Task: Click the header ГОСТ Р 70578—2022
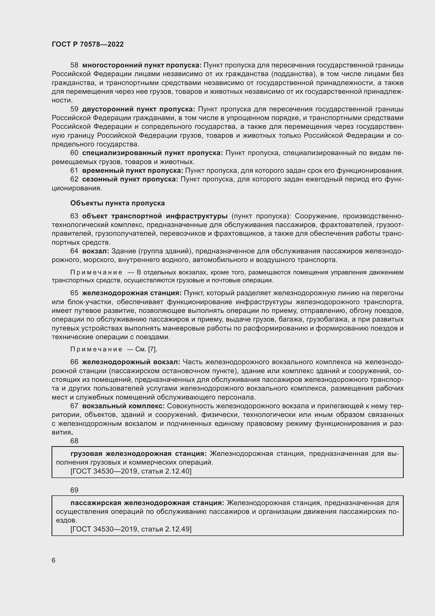point(88,45)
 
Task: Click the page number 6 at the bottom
point(54,560)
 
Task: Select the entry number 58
point(74,65)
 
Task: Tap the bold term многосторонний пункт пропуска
point(142,65)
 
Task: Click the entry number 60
point(74,153)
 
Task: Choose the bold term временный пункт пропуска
point(133,171)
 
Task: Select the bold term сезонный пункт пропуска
point(130,179)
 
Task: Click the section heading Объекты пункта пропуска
point(118,203)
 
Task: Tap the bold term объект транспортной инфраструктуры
point(155,216)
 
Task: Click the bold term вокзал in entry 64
point(95,251)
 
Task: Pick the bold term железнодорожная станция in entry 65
point(132,293)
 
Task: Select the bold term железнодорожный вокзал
point(131,362)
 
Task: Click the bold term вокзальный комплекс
point(123,406)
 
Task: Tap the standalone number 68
point(74,441)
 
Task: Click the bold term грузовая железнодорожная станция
point(139,454)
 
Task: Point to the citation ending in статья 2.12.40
point(131,471)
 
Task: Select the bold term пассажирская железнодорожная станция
point(147,503)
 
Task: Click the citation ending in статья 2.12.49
point(131,529)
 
